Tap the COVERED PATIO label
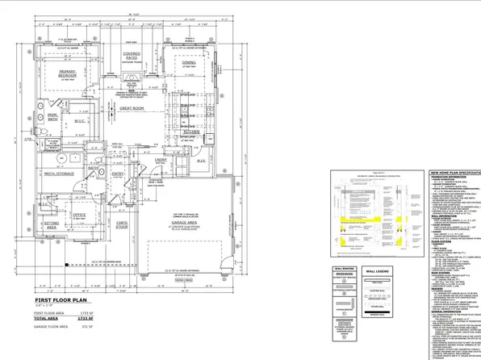click(x=132, y=57)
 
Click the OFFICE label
click(x=79, y=215)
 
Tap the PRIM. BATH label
click(x=52, y=117)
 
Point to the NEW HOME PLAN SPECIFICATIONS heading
click(x=454, y=174)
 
